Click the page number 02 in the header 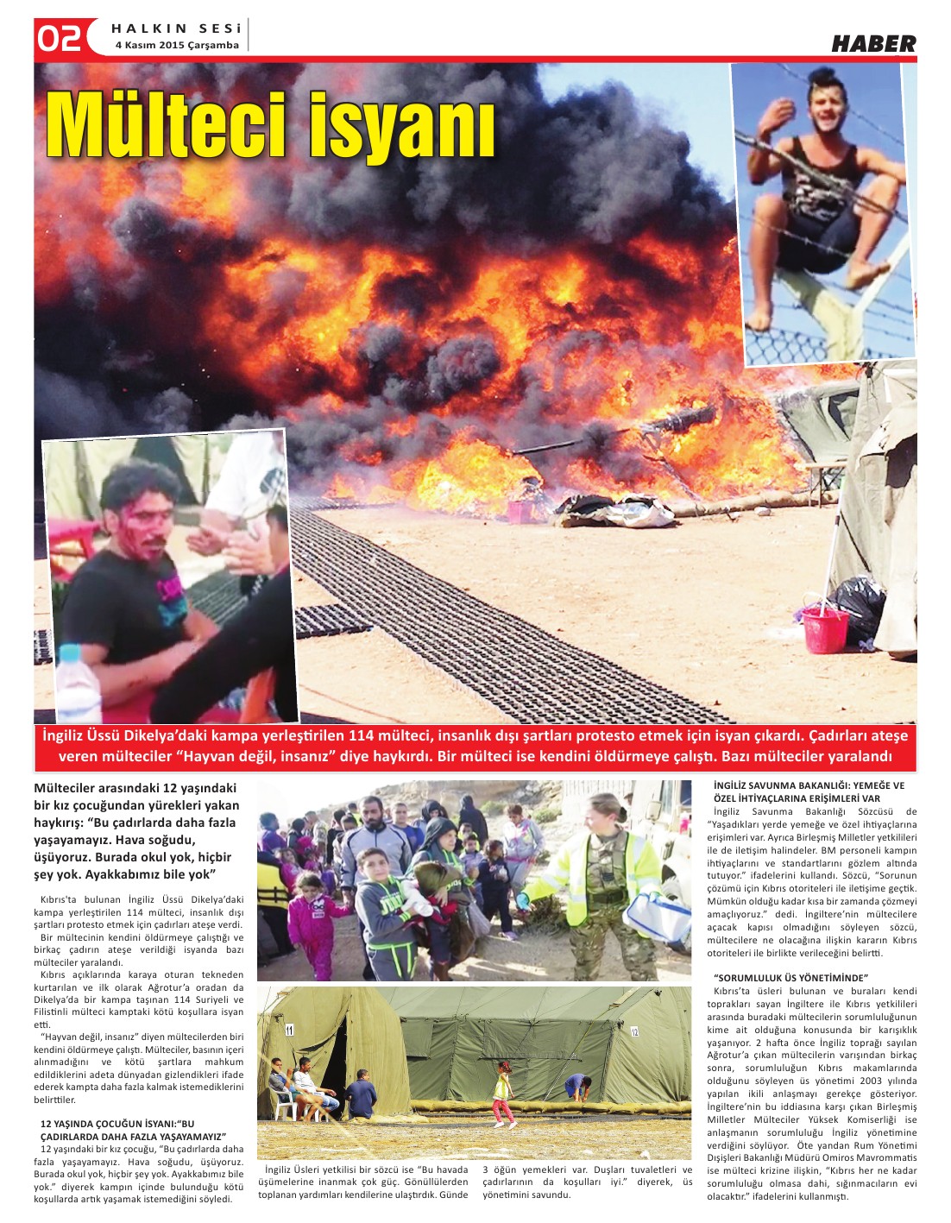[x=59, y=39]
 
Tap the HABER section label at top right [x=872, y=44]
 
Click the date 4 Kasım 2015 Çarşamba [x=177, y=45]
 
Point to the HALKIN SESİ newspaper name [x=176, y=28]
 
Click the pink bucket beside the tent [x=825, y=631]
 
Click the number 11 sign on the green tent [x=290, y=1029]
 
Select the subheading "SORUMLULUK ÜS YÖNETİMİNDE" [x=790, y=977]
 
